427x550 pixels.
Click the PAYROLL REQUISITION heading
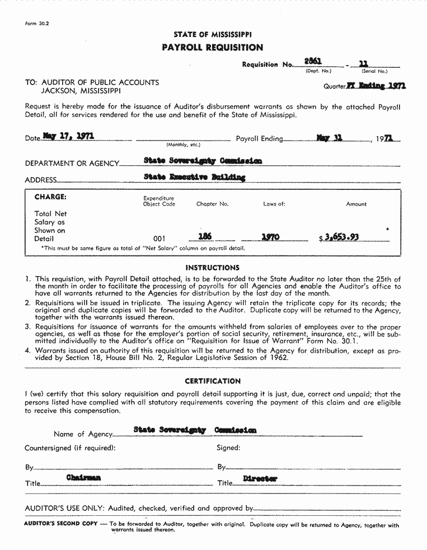coord(212,48)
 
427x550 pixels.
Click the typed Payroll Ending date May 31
coord(330,137)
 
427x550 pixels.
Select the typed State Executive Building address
coord(194,178)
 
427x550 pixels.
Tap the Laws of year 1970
coord(270,237)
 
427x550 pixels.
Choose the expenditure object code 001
coord(159,239)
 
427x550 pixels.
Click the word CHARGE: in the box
coord(50,197)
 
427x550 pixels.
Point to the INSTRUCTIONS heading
coord(212,268)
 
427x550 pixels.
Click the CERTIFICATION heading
coord(213,381)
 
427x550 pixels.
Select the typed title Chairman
coord(83,478)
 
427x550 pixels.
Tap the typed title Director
coord(260,479)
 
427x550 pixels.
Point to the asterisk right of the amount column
coord(387,230)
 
